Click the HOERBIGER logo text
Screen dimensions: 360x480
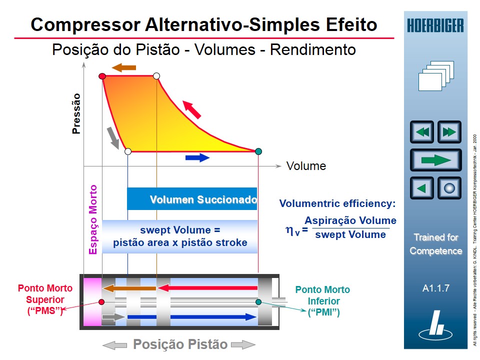click(x=435, y=25)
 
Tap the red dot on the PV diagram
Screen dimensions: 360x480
click(x=102, y=76)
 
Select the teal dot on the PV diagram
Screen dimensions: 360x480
click(x=258, y=151)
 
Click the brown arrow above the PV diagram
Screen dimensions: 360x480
click(x=123, y=67)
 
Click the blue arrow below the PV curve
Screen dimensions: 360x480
click(x=197, y=158)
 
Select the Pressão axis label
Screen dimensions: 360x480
click(x=76, y=113)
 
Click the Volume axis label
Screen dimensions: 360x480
click(x=306, y=166)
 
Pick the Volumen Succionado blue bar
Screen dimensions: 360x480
click(x=192, y=199)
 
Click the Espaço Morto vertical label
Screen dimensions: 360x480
click(x=93, y=220)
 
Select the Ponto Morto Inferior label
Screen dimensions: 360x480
click(x=322, y=301)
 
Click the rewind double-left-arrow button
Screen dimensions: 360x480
click(x=422, y=132)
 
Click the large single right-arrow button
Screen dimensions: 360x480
click(x=435, y=160)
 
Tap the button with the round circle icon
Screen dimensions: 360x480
click(x=449, y=188)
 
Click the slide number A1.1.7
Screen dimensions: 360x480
click(x=435, y=288)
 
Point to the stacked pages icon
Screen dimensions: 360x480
click(x=435, y=75)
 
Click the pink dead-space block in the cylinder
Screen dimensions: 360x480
click(x=92, y=301)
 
